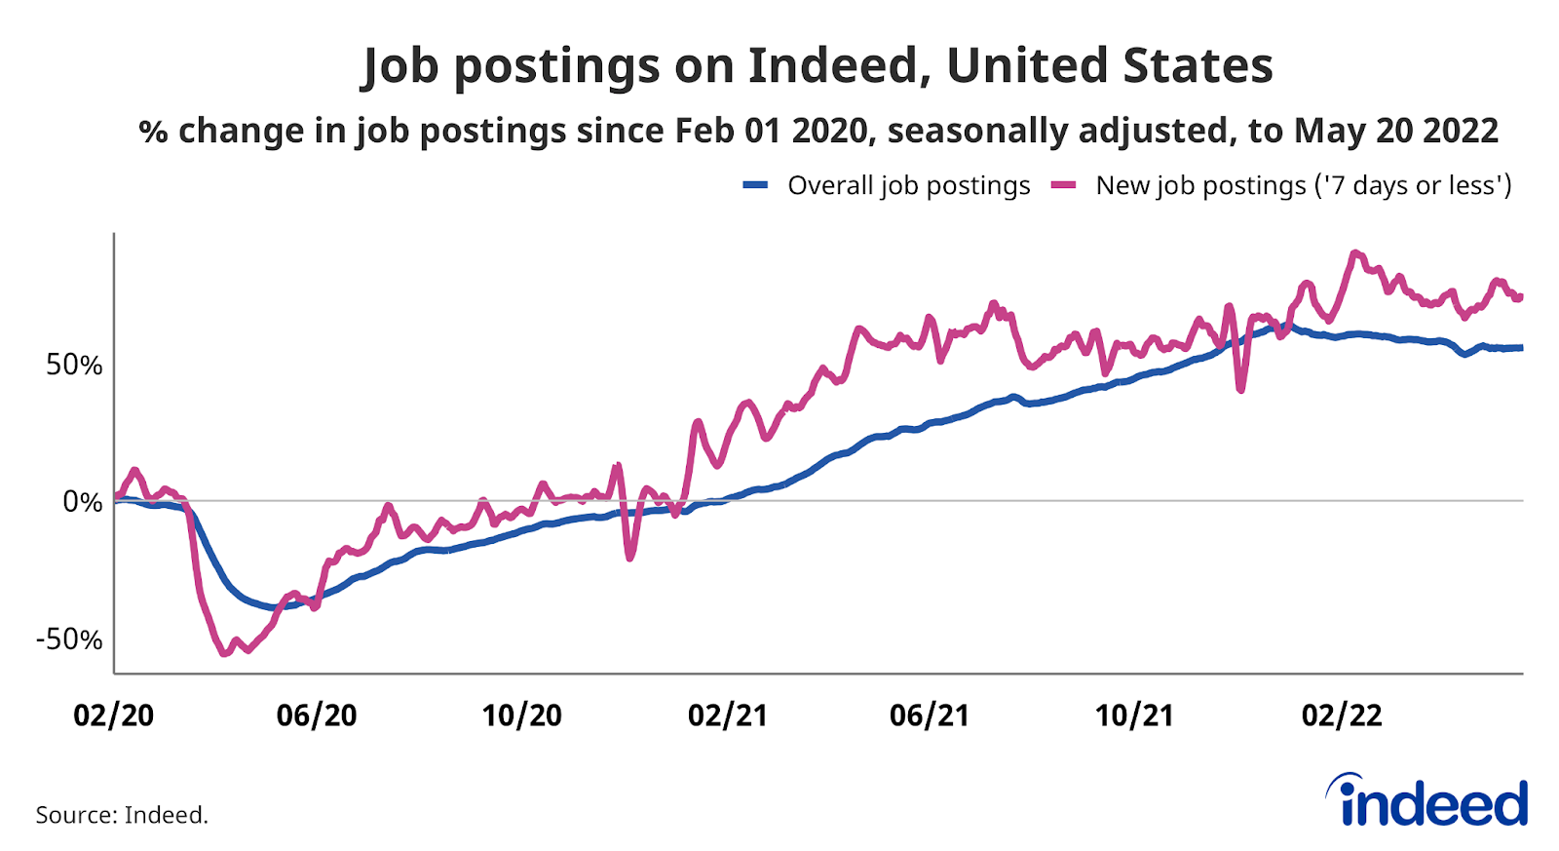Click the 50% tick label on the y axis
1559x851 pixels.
(x=74, y=365)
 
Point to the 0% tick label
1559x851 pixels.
(x=83, y=502)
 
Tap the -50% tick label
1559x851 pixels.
(x=69, y=639)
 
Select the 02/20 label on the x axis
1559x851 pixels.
(x=114, y=716)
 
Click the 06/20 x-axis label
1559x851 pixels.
(x=317, y=716)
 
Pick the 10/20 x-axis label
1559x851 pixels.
(x=522, y=716)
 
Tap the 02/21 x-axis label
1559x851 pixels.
(x=728, y=716)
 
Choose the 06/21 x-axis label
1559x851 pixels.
(x=930, y=716)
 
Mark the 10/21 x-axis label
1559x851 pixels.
(x=1134, y=716)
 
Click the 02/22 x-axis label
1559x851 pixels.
(x=1342, y=716)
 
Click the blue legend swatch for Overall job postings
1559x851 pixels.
(x=756, y=185)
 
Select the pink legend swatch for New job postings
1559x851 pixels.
(x=1063, y=185)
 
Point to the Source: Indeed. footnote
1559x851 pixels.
(x=122, y=815)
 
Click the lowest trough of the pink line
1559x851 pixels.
(x=224, y=653)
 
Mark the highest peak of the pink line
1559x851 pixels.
(x=1354, y=253)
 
